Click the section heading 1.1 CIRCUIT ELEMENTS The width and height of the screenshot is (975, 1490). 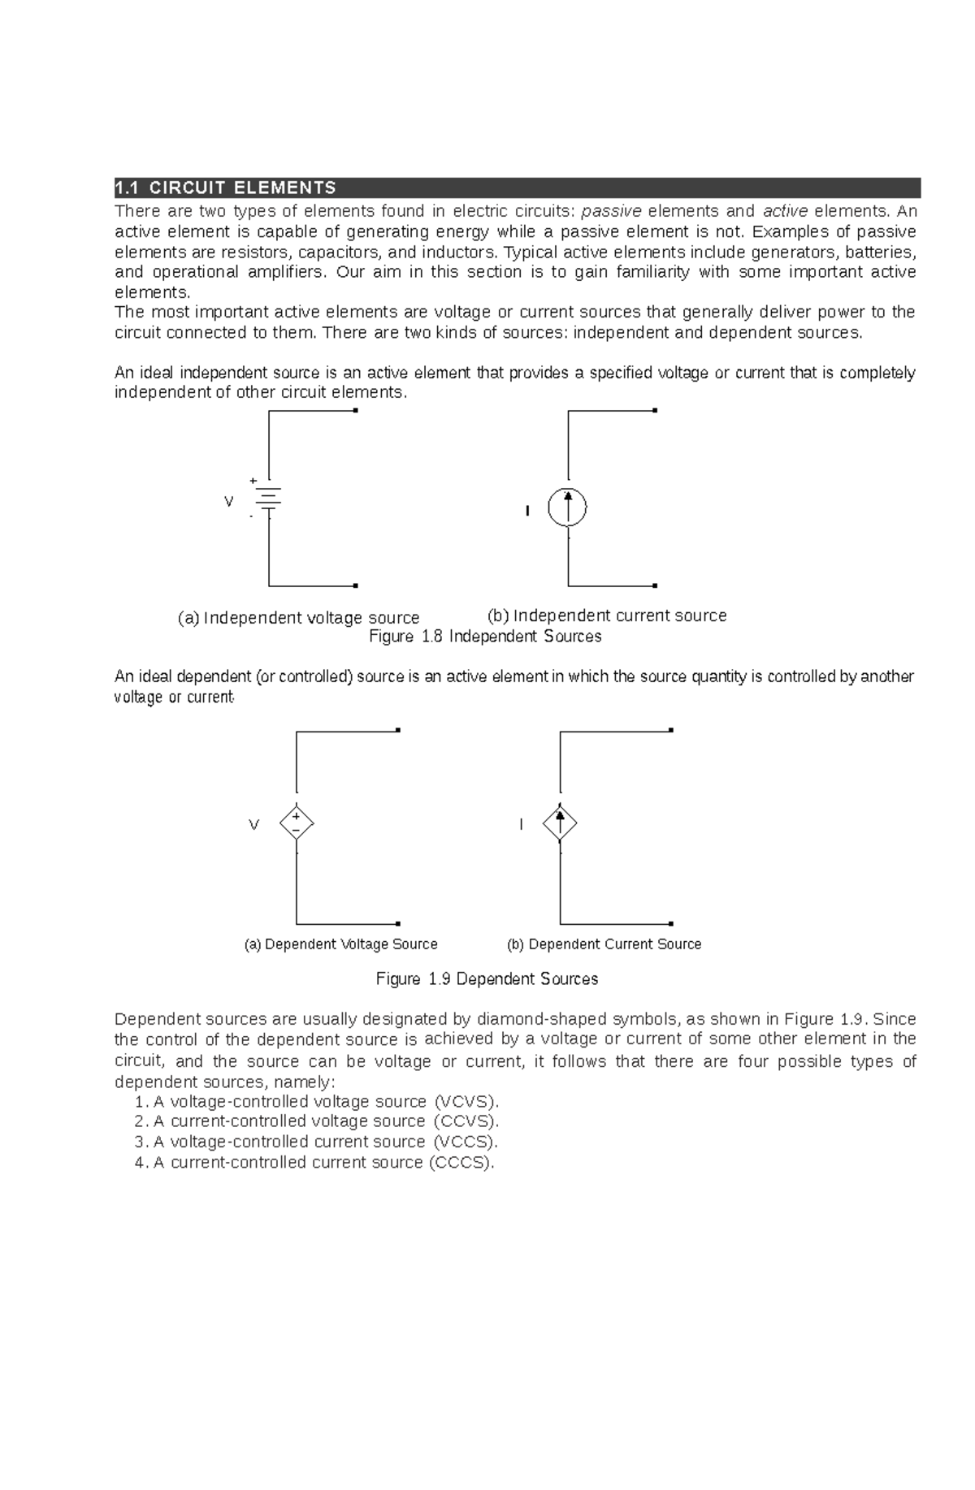coord(226,188)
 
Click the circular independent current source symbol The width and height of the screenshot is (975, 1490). coord(567,507)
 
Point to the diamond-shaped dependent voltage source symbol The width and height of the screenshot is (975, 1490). coord(297,823)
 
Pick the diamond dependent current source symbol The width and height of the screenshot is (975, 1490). coord(560,823)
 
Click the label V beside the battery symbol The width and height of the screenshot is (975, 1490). coord(228,502)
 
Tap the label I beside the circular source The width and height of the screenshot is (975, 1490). coord(527,511)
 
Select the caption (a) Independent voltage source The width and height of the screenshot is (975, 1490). coord(298,618)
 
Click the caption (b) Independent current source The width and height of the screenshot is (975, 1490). coord(606,615)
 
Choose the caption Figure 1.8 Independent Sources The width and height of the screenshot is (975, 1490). coord(485,637)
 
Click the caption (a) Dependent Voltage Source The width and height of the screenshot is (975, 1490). coord(340,944)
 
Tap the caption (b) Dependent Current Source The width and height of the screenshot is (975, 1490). coord(604,944)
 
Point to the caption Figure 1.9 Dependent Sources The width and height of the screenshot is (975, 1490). coord(487,979)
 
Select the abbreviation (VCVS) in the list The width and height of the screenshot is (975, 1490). coord(467,1102)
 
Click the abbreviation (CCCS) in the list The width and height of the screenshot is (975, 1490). coord(461,1163)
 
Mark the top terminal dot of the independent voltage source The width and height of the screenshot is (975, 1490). coord(355,411)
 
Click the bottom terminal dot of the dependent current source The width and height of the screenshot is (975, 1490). coord(670,924)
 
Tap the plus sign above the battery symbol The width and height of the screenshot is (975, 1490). coord(253,481)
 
